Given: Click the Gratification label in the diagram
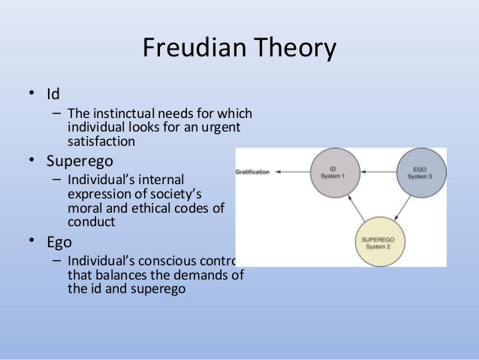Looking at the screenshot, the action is [x=252, y=172].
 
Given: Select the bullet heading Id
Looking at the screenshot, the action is [x=53, y=95].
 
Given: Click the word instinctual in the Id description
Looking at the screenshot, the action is [x=125, y=114].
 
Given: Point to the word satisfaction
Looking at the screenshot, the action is [x=101, y=141].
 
